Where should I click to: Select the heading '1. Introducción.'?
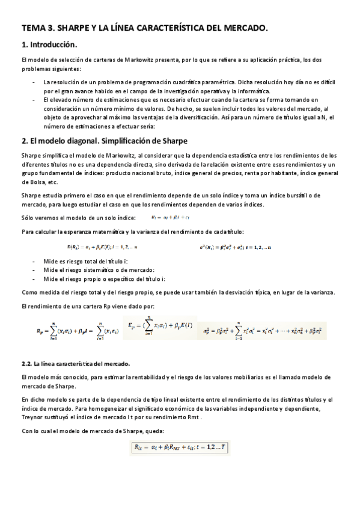(x=49, y=45)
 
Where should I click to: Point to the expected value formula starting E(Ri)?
(x=102, y=247)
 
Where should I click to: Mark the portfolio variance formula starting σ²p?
(x=261, y=330)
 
